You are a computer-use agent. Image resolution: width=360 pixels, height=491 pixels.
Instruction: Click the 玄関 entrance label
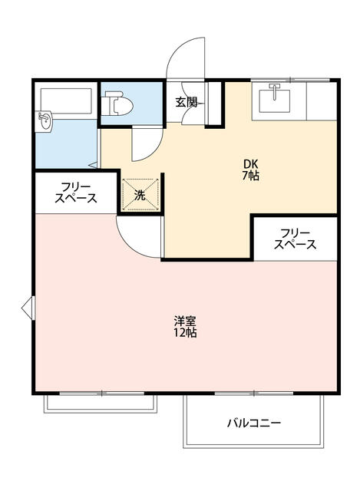click(x=186, y=101)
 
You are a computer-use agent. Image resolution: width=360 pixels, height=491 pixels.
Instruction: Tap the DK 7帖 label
click(x=251, y=170)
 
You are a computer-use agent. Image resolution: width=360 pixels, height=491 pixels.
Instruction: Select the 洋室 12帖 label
click(x=185, y=327)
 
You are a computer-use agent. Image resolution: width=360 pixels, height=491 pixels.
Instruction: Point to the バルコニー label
click(x=253, y=423)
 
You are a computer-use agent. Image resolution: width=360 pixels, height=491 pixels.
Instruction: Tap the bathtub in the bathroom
click(x=64, y=101)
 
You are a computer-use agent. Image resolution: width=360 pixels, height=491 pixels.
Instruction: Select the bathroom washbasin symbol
click(x=45, y=120)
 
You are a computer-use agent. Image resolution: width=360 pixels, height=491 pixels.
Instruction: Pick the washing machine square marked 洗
click(x=141, y=194)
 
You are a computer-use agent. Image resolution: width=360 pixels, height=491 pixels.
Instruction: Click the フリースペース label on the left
click(x=75, y=192)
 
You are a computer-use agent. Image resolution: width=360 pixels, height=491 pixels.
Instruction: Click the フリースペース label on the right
click(x=296, y=239)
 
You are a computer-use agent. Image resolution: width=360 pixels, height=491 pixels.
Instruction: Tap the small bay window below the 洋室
click(x=100, y=402)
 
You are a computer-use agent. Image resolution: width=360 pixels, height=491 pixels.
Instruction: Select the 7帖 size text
click(x=251, y=176)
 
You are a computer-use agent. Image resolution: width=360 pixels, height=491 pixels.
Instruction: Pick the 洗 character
click(x=140, y=195)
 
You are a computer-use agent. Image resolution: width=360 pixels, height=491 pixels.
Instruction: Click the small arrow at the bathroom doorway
click(x=93, y=164)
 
